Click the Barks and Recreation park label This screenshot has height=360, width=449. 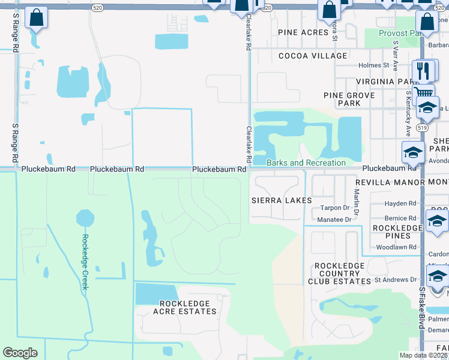click(x=306, y=163)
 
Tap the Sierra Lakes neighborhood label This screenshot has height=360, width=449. click(x=282, y=199)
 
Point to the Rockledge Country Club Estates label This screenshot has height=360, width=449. click(x=339, y=273)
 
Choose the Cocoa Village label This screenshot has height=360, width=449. click(x=312, y=56)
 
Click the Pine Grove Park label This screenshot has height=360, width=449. click(x=349, y=99)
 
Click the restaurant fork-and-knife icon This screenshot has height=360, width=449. click(x=423, y=70)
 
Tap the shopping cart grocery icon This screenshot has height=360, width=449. click(x=424, y=92)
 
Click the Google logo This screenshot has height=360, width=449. click(x=20, y=353)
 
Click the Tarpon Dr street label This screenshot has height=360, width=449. click(x=334, y=208)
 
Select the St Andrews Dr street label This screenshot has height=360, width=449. click(x=395, y=280)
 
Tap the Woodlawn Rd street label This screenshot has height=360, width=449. click(x=396, y=247)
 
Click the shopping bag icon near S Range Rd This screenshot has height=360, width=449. click(x=36, y=19)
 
